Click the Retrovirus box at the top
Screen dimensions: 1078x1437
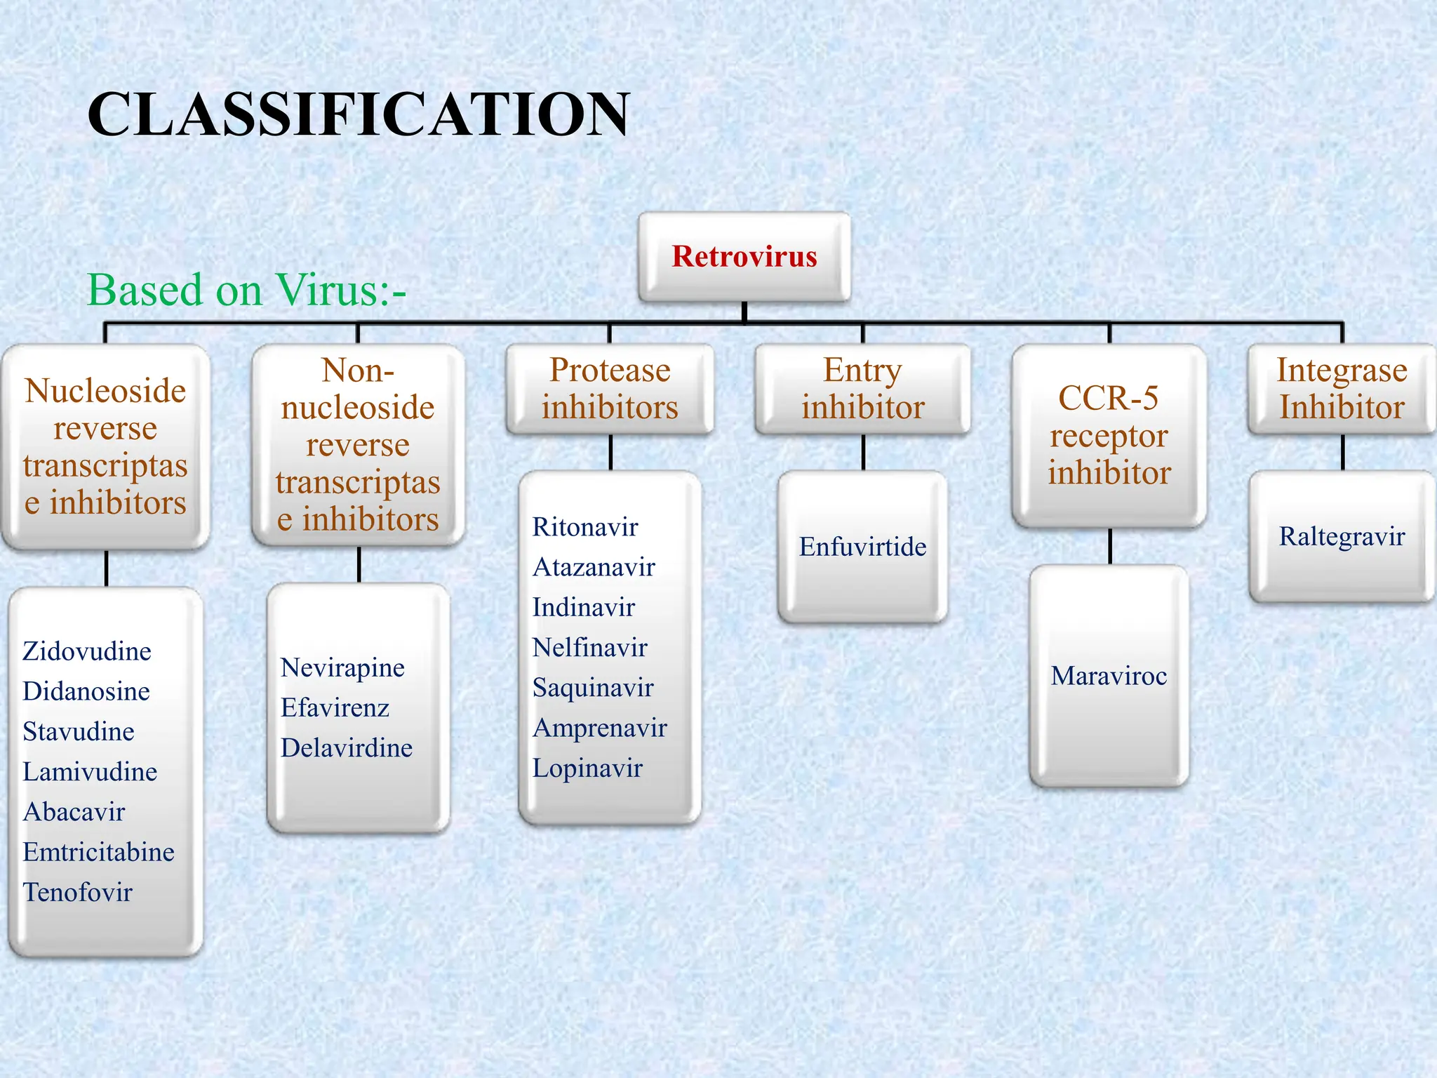pos(744,257)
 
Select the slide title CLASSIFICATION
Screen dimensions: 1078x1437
pos(358,114)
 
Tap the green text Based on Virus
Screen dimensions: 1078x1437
pos(246,290)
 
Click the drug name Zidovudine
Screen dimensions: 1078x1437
pos(87,651)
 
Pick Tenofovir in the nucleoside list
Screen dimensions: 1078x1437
pos(78,892)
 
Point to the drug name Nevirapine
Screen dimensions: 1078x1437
pos(342,667)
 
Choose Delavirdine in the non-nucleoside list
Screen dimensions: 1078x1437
pos(347,748)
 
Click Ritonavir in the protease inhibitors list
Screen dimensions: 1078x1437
pos(585,527)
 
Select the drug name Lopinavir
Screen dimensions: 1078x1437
pos(587,768)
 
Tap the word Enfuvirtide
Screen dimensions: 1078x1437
pos(862,547)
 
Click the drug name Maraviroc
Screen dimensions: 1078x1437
pos(1109,676)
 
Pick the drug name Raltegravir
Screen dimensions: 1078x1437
pos(1342,537)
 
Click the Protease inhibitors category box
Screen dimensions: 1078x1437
pos(610,389)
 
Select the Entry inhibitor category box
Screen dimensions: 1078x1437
pos(862,389)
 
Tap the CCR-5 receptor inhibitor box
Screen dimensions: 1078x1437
pos(1109,435)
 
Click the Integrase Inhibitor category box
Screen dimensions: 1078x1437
pos(1342,389)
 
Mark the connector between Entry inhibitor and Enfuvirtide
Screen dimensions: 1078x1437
pos(863,453)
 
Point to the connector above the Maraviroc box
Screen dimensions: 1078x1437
pos(1110,546)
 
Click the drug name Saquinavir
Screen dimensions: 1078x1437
pos(593,688)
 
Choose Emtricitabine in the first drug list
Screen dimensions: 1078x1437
pos(98,852)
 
